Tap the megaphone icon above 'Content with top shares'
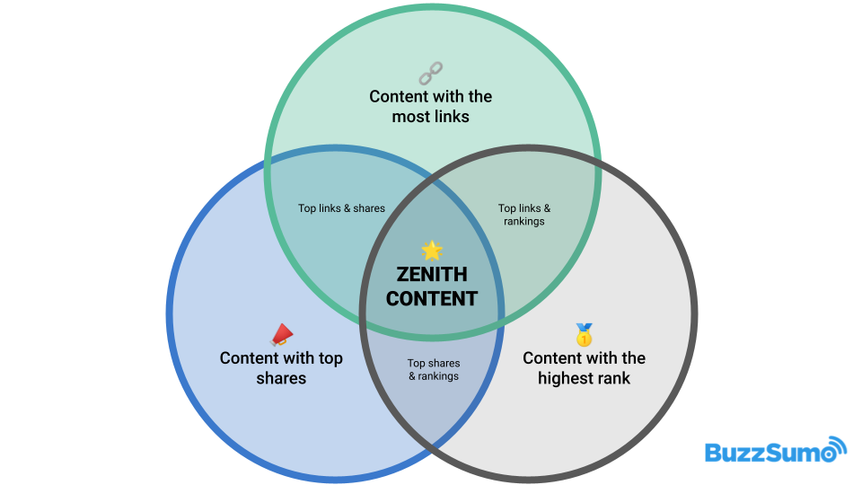pos(281,336)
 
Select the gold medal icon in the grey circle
pos(584,335)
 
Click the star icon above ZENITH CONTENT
pos(432,251)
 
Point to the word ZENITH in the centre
pos(432,275)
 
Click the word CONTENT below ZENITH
pos(432,298)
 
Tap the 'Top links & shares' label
pos(341,208)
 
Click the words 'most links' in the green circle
pos(431,117)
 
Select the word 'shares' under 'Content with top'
pos(281,378)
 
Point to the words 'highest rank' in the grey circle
pos(584,378)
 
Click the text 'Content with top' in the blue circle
pos(281,357)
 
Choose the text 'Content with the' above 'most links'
pos(431,96)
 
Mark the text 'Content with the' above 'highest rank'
pos(584,357)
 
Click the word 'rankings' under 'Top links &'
pos(524,221)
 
